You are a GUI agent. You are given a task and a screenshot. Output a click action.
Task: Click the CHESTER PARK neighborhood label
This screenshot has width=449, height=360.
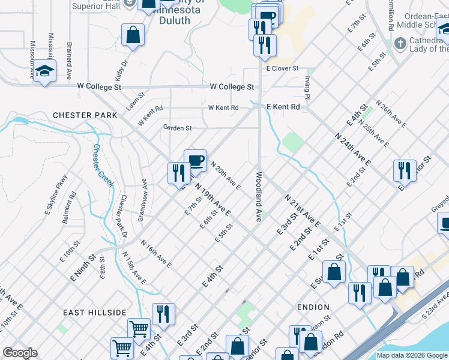80,115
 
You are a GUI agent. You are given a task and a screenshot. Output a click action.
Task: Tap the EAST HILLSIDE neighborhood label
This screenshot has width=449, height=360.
95,313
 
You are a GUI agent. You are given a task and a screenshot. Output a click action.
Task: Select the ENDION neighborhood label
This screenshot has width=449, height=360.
313,307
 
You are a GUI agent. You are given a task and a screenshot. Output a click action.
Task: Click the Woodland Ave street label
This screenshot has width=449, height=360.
259,197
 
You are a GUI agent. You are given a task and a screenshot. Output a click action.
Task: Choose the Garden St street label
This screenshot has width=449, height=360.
177,128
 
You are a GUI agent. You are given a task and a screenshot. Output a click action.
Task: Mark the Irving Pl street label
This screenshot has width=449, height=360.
307,87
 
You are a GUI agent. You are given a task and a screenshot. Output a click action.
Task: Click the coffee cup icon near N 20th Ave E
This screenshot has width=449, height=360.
195,160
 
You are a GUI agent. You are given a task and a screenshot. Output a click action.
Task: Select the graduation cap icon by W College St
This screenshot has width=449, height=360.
45,71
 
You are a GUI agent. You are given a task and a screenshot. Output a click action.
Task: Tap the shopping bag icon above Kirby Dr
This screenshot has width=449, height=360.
133,35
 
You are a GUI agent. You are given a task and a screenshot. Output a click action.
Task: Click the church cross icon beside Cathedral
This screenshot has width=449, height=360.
400,43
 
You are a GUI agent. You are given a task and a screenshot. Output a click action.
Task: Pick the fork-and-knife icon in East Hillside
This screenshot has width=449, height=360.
163,313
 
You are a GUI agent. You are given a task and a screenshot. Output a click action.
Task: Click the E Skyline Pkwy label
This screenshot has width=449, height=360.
56,194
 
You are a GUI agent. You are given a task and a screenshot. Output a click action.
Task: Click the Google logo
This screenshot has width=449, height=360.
20,353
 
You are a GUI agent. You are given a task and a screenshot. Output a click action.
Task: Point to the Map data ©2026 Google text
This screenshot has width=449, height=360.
411,355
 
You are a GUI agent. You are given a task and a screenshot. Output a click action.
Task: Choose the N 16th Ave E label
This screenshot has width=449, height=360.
156,254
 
